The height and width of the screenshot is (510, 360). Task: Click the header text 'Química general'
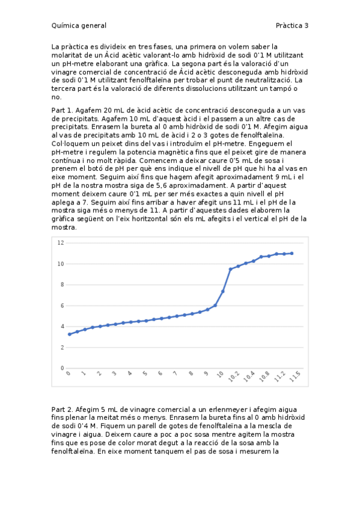point(79,25)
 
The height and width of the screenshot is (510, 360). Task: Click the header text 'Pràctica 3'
point(292,25)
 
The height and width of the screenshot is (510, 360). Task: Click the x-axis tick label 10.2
point(235,377)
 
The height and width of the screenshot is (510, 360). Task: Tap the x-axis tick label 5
point(145,374)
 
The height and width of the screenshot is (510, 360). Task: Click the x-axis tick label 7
point(175,374)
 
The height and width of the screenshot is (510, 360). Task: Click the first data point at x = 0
point(69,334)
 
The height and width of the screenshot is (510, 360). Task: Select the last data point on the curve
point(292,253)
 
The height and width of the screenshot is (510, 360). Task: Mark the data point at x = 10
point(223,291)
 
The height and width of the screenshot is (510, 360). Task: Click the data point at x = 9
point(207,310)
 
